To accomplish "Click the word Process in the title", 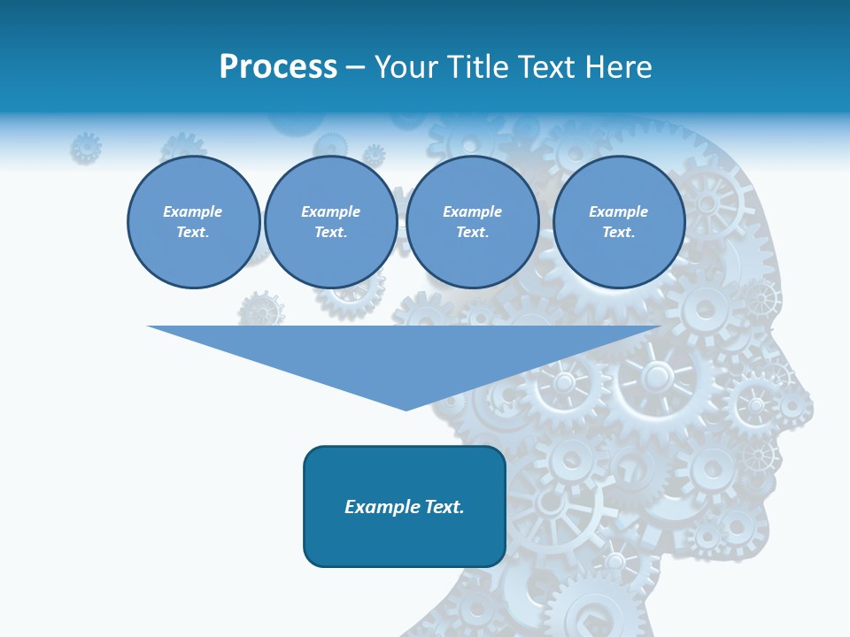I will (x=278, y=67).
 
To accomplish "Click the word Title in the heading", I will (x=477, y=67).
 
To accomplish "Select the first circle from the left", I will (x=193, y=222).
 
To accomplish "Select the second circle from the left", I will (x=330, y=222).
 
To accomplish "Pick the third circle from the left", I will (x=472, y=222).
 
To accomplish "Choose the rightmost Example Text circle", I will (x=618, y=222).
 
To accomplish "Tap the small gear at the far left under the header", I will (x=86, y=147).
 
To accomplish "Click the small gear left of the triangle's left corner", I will (x=261, y=310).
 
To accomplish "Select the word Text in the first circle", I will (x=193, y=233).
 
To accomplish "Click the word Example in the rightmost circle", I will (x=618, y=211).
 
